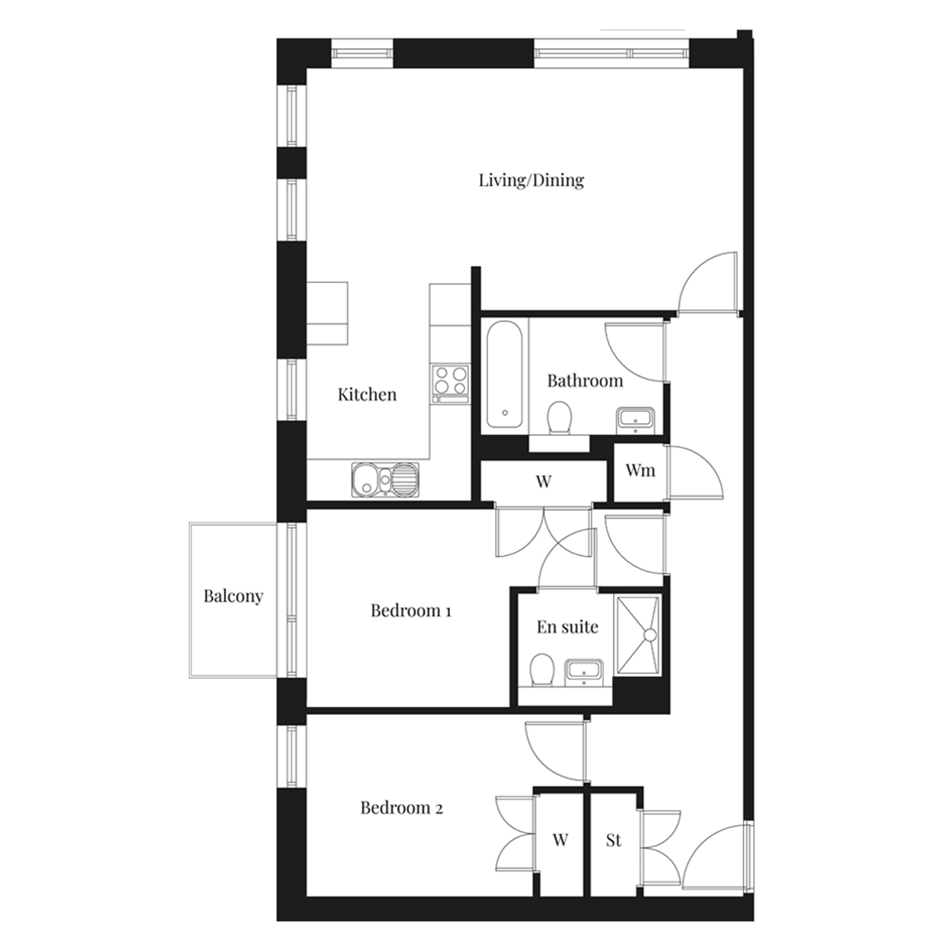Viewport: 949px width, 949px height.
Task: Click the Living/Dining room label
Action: tap(531, 180)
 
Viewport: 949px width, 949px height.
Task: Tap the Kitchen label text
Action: tap(367, 395)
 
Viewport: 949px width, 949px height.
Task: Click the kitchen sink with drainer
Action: tap(385, 479)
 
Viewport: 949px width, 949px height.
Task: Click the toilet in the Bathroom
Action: tap(559, 418)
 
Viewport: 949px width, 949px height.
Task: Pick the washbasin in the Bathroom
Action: tap(635, 421)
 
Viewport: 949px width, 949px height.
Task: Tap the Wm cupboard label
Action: tap(641, 471)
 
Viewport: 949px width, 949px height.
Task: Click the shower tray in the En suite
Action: tap(637, 635)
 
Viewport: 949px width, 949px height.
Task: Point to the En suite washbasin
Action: tap(584, 671)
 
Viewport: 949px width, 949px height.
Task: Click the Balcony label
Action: tap(233, 596)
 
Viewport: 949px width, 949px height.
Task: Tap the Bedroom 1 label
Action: tap(410, 611)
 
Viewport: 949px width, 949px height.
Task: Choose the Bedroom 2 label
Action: tap(402, 807)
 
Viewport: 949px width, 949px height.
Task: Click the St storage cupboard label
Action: tap(614, 840)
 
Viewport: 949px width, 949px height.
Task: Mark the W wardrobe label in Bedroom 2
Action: tap(561, 839)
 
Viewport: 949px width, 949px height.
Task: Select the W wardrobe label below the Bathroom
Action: tap(543, 481)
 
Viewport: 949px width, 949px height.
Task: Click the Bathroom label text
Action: tap(585, 380)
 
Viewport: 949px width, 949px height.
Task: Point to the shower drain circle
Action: tap(650, 635)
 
